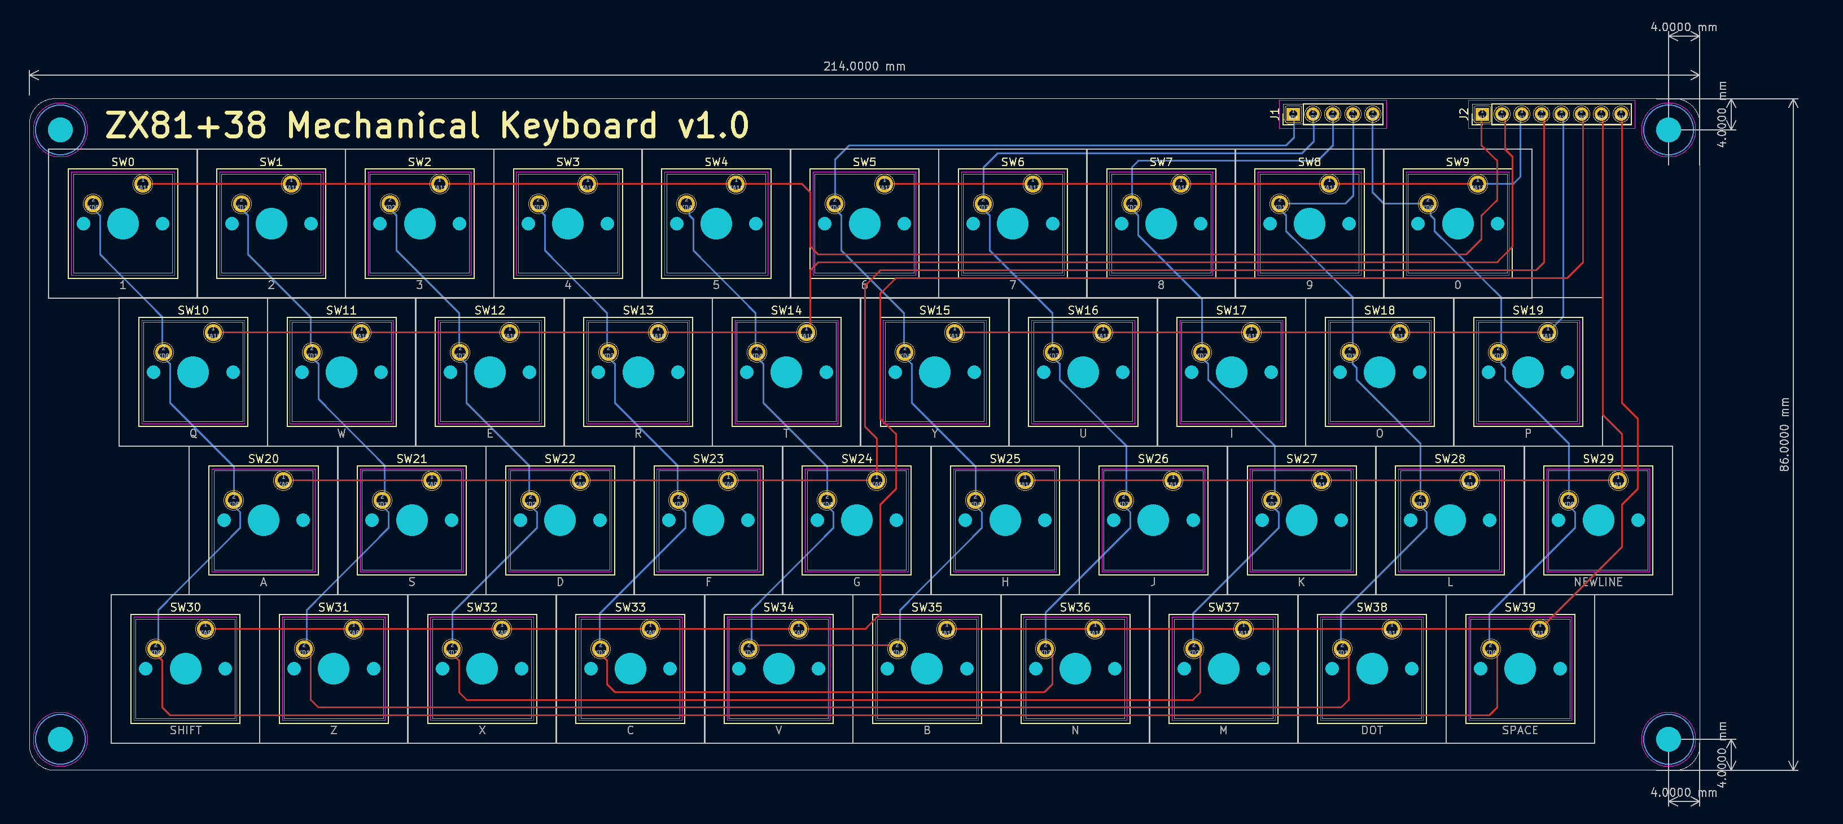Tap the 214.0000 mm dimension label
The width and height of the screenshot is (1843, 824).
[x=864, y=67]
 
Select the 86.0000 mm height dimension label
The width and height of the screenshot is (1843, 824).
[x=1784, y=434]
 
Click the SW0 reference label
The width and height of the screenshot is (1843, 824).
[x=122, y=162]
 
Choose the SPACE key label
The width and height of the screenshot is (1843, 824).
[x=1520, y=730]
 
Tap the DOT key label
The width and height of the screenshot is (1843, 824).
[x=1372, y=730]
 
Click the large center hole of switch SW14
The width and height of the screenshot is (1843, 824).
[x=786, y=372]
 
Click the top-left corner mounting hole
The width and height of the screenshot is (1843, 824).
[x=60, y=129]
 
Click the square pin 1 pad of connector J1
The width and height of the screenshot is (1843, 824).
[x=1292, y=114]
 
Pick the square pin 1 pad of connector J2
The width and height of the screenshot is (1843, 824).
[x=1482, y=114]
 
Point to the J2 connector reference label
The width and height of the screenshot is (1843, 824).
[x=1463, y=114]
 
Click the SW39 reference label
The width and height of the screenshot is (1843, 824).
[x=1520, y=607]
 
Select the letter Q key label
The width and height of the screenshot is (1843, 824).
[x=193, y=434]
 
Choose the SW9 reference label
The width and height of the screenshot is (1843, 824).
[x=1457, y=162]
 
